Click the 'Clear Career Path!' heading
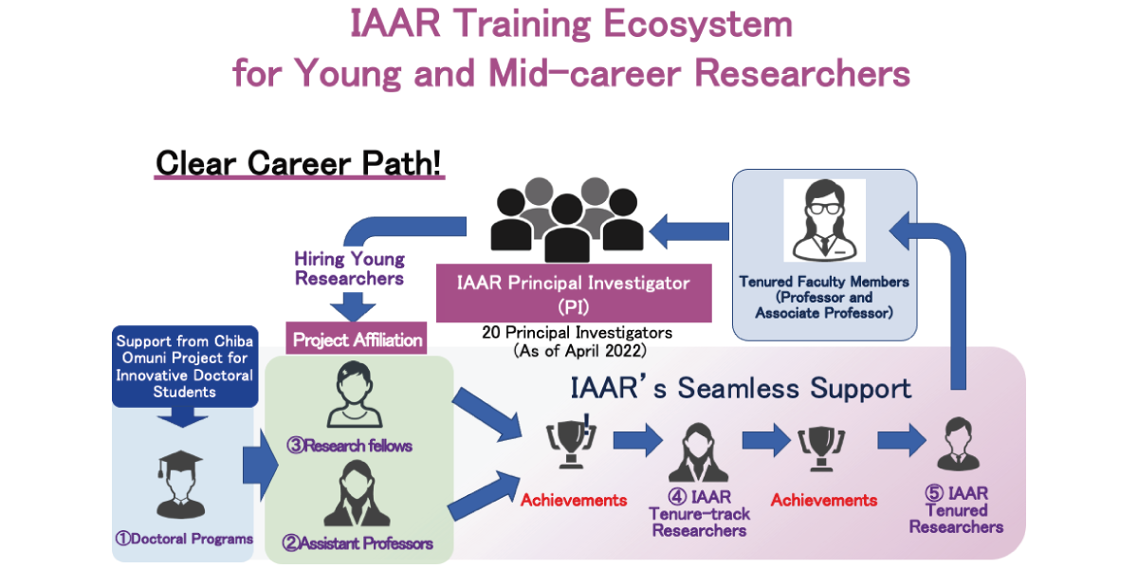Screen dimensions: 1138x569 pos(299,163)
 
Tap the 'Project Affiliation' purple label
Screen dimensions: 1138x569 pos(357,339)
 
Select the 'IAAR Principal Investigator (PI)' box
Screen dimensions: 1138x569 pos(574,293)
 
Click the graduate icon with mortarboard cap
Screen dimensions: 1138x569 pos(181,485)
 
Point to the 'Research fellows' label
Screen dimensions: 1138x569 pos(350,446)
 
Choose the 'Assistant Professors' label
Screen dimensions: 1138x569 pos(358,543)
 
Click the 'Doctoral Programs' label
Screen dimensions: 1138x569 pos(184,539)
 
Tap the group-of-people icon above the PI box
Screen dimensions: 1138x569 pos(567,219)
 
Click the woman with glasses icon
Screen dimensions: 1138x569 pos(824,220)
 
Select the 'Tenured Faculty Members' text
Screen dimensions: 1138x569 pos(824,282)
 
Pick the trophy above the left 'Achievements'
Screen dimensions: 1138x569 pos(571,440)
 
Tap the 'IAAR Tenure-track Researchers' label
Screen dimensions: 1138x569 pos(700,514)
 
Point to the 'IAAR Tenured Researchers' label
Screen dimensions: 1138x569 pos(956,510)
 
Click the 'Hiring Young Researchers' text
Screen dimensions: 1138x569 pos(350,268)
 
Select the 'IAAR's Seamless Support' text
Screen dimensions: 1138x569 pos(741,388)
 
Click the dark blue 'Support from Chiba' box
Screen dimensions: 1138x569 pos(185,366)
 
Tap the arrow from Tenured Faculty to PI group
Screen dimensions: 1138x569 pos(689,231)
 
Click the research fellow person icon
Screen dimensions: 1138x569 pos(354,395)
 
